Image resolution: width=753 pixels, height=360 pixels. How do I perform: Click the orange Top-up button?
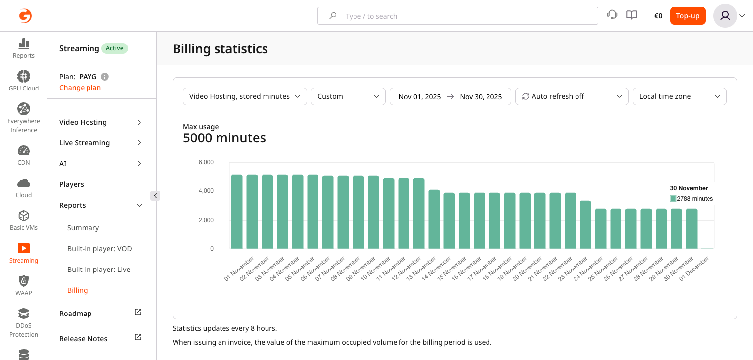tap(687, 16)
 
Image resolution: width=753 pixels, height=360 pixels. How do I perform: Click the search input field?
tap(457, 16)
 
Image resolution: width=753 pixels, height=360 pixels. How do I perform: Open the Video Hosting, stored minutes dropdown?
tap(245, 96)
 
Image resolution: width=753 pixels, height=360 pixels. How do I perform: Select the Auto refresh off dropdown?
tap(572, 96)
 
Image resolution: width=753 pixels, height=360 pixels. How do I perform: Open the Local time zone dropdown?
tap(679, 96)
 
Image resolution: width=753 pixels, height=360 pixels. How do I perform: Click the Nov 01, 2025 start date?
tap(420, 97)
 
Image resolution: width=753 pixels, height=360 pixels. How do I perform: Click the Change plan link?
tap(80, 88)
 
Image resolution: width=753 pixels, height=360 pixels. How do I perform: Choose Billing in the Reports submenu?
tap(78, 290)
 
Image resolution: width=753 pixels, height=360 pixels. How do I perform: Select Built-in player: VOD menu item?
tap(99, 249)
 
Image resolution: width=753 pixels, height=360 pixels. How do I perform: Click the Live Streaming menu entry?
tap(85, 143)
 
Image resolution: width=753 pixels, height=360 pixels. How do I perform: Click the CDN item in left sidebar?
tap(24, 155)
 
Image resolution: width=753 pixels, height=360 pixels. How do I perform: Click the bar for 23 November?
tap(585, 225)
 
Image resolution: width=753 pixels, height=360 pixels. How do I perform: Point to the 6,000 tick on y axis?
tap(206, 162)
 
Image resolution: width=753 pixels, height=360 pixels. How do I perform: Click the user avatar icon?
tap(725, 16)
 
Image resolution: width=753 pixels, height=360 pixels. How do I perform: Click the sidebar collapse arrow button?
tap(155, 196)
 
